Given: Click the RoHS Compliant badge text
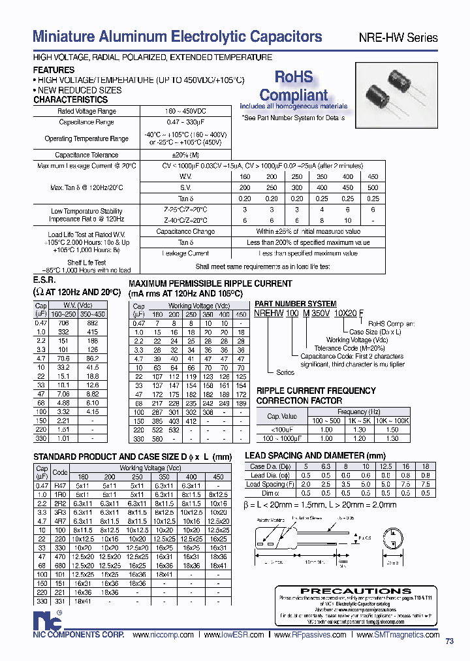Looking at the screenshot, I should click(294, 86).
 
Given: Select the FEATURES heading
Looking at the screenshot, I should click(54, 70).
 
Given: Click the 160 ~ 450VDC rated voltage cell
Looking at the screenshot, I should click(185, 112).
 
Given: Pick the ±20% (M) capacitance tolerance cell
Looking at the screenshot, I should click(185, 155).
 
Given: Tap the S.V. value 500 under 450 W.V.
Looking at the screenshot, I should click(373, 187).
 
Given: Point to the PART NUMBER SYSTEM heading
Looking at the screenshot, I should click(295, 304).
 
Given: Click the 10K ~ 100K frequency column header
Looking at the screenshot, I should click(392, 421).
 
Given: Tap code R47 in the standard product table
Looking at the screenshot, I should click(59, 485).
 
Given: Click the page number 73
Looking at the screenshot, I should click(450, 641).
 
